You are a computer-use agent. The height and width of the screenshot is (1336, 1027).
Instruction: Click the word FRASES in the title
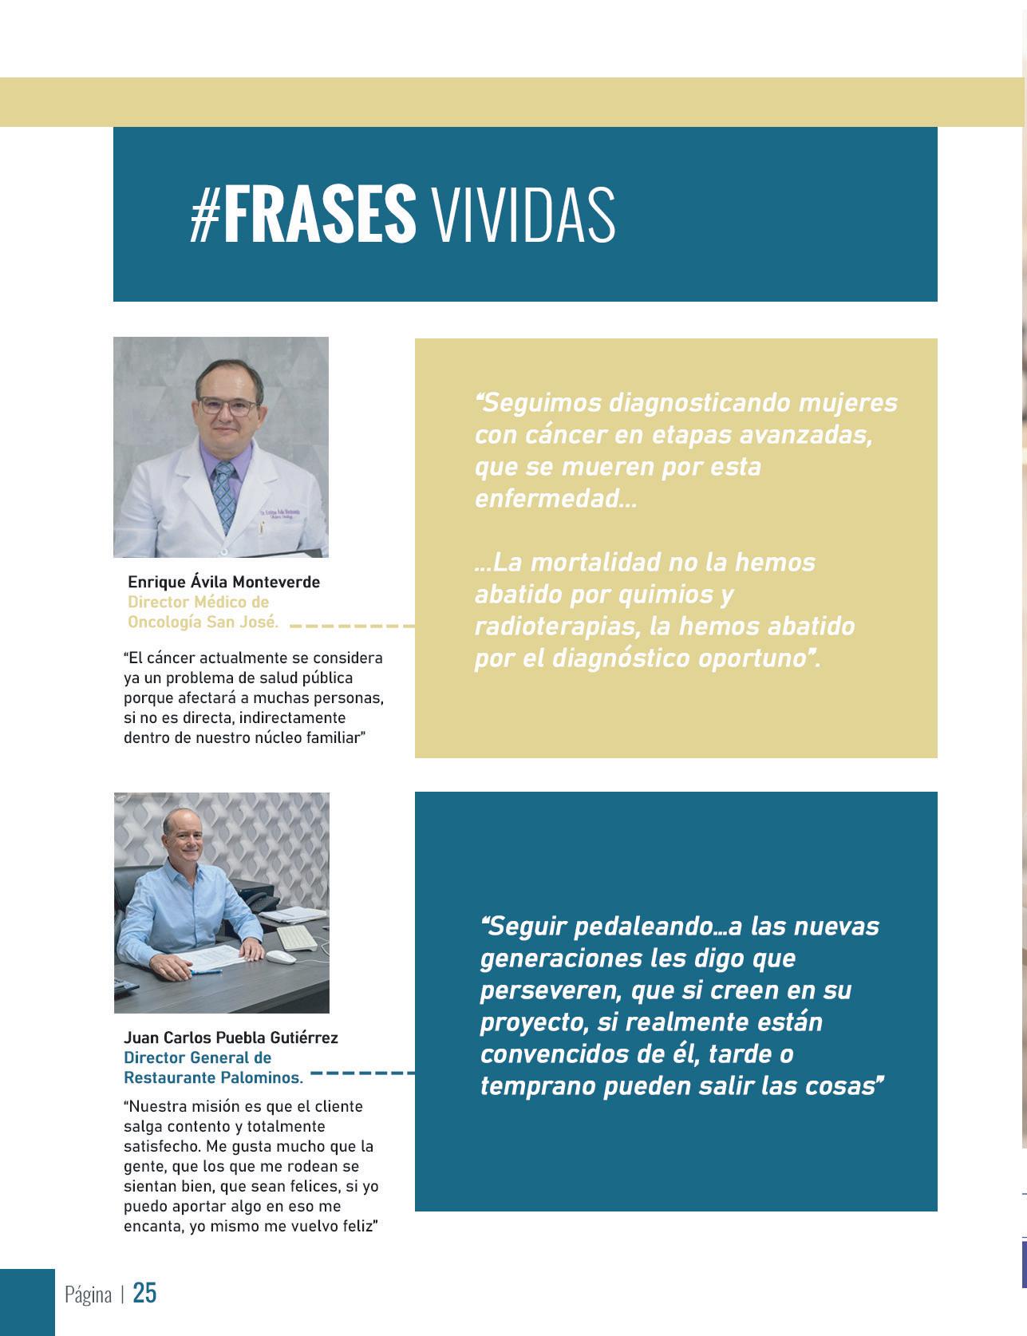coord(319,214)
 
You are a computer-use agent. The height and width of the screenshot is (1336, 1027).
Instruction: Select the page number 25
coord(144,1292)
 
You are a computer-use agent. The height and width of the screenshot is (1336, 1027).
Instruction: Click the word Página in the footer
coord(88,1294)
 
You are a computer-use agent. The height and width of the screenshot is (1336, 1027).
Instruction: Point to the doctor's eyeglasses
coord(228,405)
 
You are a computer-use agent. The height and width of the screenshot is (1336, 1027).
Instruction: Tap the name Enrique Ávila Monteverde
coord(223,582)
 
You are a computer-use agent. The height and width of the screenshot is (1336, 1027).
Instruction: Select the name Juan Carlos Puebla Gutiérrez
coord(231,1038)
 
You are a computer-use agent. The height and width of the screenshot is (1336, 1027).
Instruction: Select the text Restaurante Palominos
coord(213,1077)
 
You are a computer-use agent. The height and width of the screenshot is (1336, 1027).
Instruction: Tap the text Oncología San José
coord(203,622)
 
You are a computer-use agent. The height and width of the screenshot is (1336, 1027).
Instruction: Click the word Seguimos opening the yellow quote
coord(539,402)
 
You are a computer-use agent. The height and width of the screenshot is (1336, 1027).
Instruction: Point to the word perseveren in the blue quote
coord(551,990)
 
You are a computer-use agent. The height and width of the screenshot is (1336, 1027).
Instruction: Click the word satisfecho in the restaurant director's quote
coord(160,1146)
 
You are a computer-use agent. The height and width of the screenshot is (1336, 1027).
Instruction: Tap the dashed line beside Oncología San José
coord(351,626)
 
